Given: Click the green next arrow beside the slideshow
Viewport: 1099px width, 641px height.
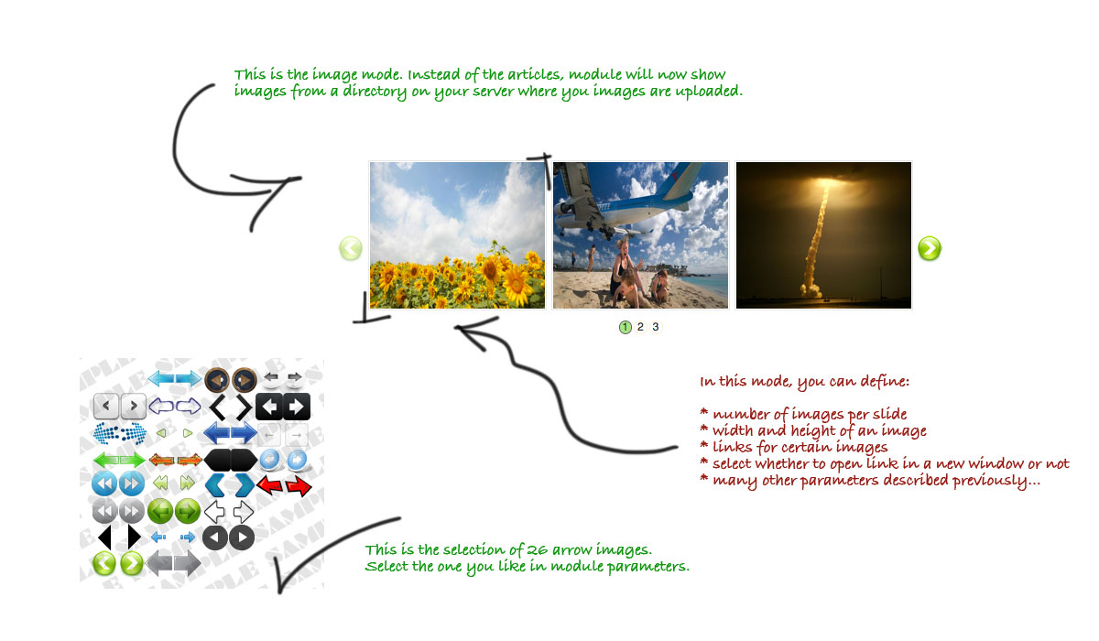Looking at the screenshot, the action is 930,248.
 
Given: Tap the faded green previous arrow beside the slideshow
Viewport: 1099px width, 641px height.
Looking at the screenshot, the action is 350,248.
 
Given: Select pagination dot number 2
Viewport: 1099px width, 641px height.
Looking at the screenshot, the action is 640,327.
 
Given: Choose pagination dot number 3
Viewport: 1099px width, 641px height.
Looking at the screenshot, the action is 656,327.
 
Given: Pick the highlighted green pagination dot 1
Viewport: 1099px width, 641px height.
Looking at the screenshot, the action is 625,327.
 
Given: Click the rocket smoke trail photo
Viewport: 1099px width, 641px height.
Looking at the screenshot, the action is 823,235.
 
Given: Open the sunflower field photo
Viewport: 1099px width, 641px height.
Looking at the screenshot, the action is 457,235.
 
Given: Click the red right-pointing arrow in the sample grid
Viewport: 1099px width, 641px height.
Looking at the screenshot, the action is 299,485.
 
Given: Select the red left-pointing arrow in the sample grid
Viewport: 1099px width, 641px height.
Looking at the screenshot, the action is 270,484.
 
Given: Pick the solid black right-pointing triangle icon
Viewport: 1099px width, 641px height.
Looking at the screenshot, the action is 134,537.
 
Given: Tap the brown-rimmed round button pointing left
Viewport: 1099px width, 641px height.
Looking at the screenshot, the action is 216,380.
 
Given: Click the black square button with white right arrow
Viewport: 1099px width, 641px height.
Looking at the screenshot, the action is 297,406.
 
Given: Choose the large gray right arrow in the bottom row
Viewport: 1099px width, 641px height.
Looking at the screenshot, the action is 187,563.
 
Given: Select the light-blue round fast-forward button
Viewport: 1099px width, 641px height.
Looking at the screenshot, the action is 132,483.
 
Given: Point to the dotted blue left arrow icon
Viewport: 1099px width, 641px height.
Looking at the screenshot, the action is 106,433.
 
